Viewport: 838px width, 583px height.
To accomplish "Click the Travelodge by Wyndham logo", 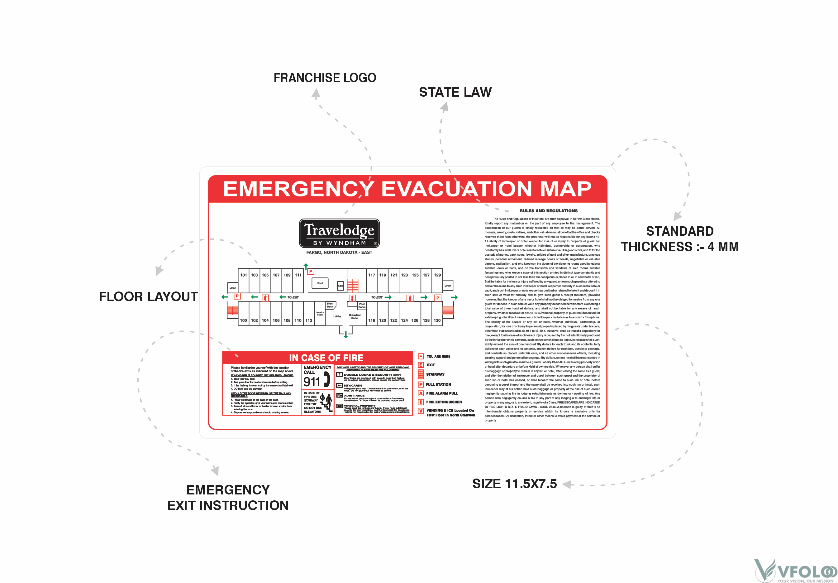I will click(x=339, y=234).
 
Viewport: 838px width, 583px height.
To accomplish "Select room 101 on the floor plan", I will click(x=243, y=275).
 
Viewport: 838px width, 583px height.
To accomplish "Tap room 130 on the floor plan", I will click(x=437, y=320).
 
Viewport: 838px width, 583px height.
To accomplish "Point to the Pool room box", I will click(x=320, y=283).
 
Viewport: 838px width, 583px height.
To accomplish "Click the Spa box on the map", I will click(x=340, y=286).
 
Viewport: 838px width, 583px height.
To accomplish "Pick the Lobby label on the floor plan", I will click(x=337, y=316).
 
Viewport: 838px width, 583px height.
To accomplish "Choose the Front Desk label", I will click(x=330, y=305).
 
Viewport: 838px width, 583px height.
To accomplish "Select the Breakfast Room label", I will click(x=355, y=316).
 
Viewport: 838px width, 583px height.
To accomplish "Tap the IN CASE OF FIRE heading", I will click(x=326, y=358).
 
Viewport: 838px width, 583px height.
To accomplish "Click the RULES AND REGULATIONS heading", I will click(x=548, y=211).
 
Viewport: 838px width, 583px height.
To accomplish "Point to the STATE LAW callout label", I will click(x=455, y=92).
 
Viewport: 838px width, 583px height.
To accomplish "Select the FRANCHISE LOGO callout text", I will click(x=325, y=78).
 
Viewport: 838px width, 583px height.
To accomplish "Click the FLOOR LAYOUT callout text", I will click(x=148, y=296).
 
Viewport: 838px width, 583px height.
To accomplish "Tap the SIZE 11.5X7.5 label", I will click(x=514, y=484).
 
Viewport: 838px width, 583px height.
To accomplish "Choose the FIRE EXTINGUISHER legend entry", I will click(x=444, y=402).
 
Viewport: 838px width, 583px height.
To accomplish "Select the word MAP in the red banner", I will click(x=565, y=189).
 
